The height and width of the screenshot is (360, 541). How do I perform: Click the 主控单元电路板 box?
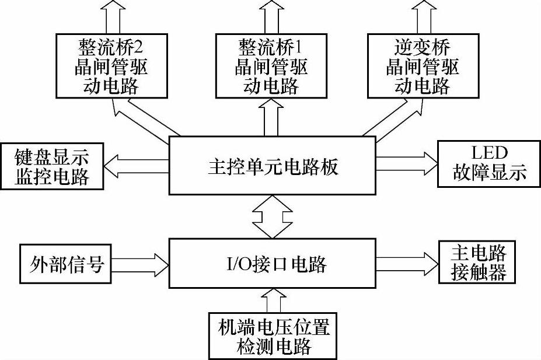click(273, 166)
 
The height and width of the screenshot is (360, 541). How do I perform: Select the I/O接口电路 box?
click(273, 264)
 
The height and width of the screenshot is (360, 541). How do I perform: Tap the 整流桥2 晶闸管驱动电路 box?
click(110, 66)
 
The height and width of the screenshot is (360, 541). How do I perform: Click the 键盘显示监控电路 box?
click(52, 166)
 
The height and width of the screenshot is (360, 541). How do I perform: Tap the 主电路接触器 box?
click(477, 264)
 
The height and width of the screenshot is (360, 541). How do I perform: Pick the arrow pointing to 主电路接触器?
click(407, 264)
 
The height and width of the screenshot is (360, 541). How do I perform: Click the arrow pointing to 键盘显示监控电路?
click(137, 166)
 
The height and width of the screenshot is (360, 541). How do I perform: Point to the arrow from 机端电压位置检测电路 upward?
click(273, 300)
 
